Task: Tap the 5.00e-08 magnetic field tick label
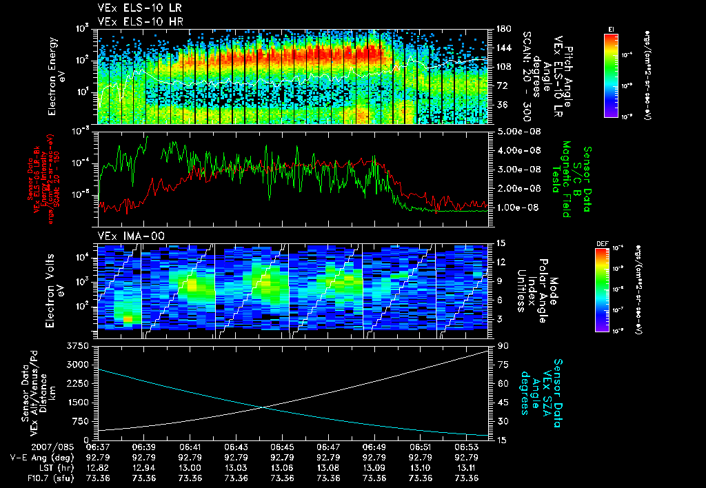tap(516, 131)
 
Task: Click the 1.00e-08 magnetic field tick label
tap(516, 207)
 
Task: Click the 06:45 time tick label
tap(283, 447)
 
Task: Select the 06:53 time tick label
tap(467, 447)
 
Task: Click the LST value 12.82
tap(98, 467)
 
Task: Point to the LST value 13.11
tap(467, 467)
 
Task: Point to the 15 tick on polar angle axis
tap(500, 243)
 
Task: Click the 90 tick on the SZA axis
tap(500, 345)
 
